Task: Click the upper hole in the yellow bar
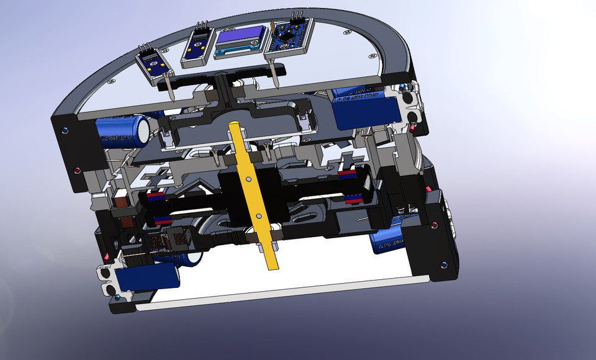pos(248,178)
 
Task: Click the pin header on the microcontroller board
pos(295,15)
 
